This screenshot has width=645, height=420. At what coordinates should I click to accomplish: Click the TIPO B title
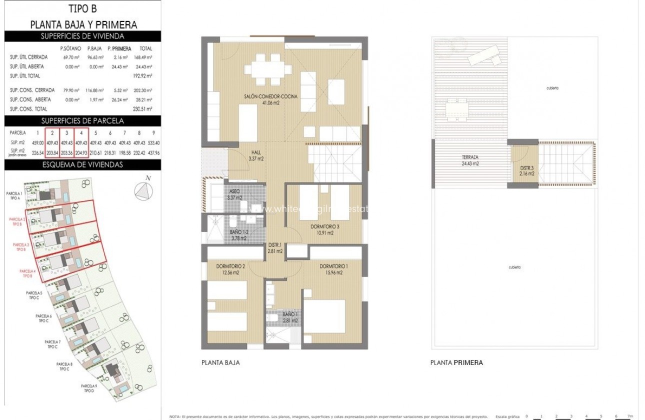pos(83,8)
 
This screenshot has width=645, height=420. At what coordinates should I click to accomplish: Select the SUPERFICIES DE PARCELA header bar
pos(83,120)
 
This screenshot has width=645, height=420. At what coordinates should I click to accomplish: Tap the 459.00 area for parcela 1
pos(37,143)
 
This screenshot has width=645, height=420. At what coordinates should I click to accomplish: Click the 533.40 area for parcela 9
pos(153,143)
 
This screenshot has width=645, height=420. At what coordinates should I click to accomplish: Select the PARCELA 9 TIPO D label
pos(89,388)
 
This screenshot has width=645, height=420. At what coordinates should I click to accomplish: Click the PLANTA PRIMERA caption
pos(456,363)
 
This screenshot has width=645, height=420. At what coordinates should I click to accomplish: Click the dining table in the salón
pos(265,70)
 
